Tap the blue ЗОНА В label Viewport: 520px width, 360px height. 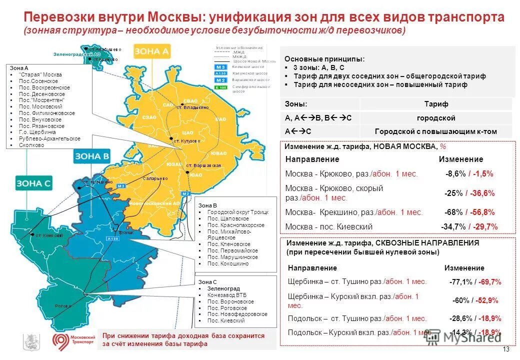coord(92,156)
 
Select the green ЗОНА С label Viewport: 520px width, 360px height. coord(33,183)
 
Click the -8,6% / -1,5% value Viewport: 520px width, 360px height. coord(469,174)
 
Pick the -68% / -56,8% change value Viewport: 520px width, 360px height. coord(469,212)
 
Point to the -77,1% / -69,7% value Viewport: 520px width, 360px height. coord(475,282)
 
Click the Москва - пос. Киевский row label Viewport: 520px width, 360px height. coord(328,226)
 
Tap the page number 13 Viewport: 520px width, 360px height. coord(505,349)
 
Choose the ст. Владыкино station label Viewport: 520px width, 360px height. coord(192,107)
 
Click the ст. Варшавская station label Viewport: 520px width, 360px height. coord(203,165)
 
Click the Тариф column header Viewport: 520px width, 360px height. coord(436,104)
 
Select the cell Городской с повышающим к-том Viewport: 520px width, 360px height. coord(436,132)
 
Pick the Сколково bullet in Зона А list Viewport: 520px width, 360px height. coord(31,145)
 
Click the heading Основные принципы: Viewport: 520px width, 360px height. coord(324,59)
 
